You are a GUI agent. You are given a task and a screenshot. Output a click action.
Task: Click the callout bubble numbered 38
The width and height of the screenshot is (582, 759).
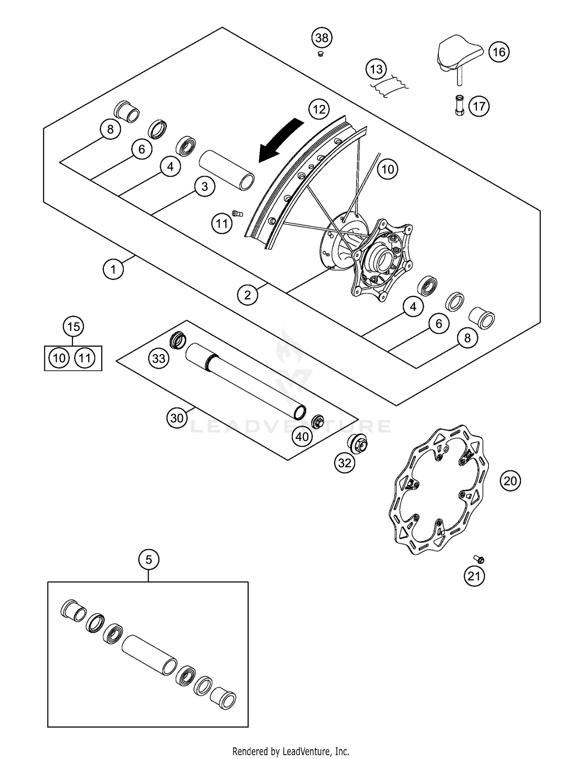click(322, 38)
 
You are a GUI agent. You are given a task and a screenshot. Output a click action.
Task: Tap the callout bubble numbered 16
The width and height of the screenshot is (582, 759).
click(499, 52)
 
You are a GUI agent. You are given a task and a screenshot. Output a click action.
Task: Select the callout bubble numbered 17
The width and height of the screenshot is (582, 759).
click(479, 106)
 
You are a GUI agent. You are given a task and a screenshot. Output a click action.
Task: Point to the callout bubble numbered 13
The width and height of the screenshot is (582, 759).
click(376, 69)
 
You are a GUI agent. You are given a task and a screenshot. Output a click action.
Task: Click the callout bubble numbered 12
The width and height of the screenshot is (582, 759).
click(319, 109)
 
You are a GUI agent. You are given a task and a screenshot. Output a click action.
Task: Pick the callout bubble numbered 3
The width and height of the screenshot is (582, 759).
click(204, 187)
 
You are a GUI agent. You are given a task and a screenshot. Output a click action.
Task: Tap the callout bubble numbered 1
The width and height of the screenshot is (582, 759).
click(113, 269)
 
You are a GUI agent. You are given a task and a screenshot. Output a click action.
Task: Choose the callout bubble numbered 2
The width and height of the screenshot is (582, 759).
click(248, 295)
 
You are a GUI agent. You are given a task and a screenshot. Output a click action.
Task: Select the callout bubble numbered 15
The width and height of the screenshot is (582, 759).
click(73, 327)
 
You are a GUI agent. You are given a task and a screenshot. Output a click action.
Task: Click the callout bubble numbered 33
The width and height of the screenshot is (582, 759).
click(159, 358)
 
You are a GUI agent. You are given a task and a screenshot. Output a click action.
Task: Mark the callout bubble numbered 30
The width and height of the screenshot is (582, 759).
click(177, 418)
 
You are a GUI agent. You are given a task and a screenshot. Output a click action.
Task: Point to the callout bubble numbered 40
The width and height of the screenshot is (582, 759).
click(302, 437)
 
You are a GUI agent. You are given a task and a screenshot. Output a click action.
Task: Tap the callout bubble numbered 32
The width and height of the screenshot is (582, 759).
click(345, 463)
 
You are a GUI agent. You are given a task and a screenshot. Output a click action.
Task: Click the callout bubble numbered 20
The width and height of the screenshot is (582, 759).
click(510, 481)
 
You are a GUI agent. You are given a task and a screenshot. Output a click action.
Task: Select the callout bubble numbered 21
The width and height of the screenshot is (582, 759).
click(474, 576)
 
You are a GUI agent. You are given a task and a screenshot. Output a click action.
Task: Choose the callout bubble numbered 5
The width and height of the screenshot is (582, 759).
click(149, 560)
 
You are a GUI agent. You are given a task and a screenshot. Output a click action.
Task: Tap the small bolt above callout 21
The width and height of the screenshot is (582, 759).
click(479, 559)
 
